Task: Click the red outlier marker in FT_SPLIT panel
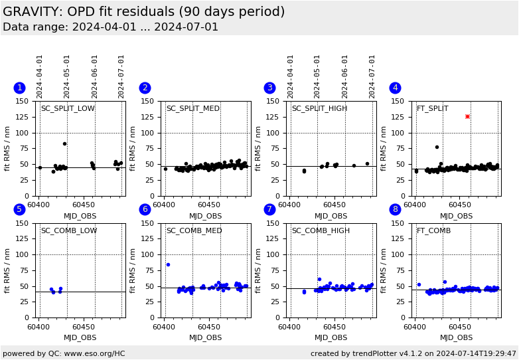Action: (467, 116)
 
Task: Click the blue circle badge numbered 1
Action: (19, 88)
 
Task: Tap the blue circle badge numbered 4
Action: (395, 88)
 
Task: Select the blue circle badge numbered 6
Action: (145, 209)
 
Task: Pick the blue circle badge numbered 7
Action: (269, 209)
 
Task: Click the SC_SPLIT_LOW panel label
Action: (68, 109)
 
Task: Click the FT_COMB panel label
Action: (433, 231)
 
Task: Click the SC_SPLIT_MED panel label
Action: (193, 109)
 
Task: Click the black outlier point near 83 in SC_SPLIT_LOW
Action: (64, 143)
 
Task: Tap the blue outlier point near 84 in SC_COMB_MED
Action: (168, 264)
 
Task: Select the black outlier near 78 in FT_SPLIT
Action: (437, 147)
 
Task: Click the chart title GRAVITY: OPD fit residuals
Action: (143, 12)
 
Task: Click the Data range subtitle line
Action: (110, 27)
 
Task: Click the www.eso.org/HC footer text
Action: (63, 353)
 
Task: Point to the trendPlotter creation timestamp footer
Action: (413, 353)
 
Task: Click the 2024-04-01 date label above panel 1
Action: (40, 76)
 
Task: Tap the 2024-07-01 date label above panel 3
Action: (373, 76)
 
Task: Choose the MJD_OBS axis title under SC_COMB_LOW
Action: (80, 338)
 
